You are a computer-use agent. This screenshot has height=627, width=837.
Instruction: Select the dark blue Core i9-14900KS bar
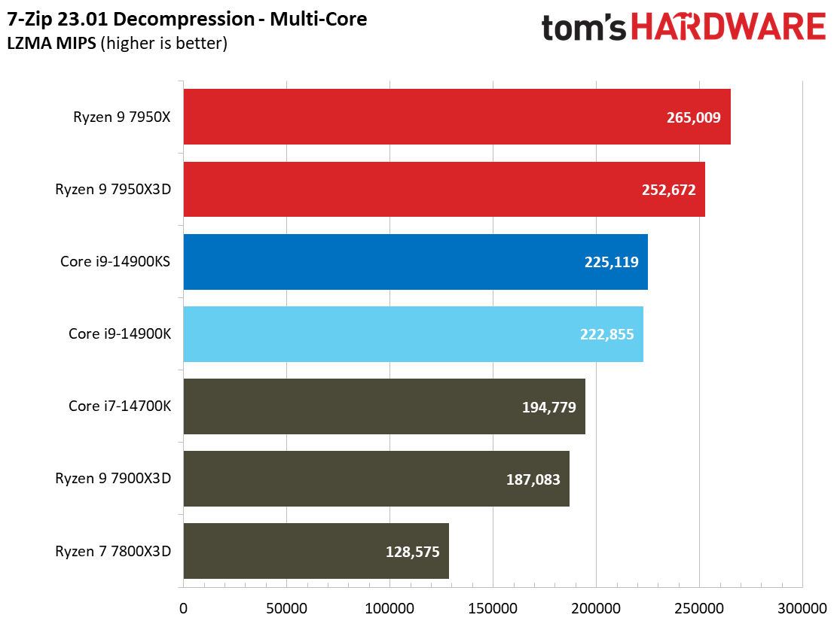click(x=415, y=262)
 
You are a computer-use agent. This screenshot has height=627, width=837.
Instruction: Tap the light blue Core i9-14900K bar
click(x=413, y=334)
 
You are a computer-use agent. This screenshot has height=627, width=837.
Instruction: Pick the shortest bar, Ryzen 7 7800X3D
click(x=316, y=551)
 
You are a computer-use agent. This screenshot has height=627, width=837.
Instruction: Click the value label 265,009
click(x=693, y=117)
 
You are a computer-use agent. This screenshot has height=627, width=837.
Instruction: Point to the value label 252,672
click(x=668, y=190)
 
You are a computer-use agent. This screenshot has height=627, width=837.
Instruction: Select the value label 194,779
click(x=548, y=407)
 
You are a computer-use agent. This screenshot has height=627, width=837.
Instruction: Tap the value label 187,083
click(x=533, y=479)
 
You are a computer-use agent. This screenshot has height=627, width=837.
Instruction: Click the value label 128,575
click(x=412, y=552)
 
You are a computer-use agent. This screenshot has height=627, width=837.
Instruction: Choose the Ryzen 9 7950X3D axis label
click(x=113, y=190)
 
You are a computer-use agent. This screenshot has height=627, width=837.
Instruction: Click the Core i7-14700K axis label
click(x=120, y=406)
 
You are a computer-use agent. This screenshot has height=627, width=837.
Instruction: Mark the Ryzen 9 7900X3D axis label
click(x=113, y=479)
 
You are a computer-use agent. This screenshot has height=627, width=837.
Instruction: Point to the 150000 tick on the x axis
click(x=493, y=607)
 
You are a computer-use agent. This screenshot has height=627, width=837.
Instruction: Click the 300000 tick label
click(x=802, y=607)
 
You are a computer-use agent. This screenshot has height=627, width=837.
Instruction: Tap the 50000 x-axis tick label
click(x=286, y=607)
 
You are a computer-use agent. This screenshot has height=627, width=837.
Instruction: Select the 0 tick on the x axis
click(x=183, y=607)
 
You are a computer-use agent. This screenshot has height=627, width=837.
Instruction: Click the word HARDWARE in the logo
click(x=728, y=28)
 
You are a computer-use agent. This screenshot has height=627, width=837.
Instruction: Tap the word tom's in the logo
click(x=585, y=28)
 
